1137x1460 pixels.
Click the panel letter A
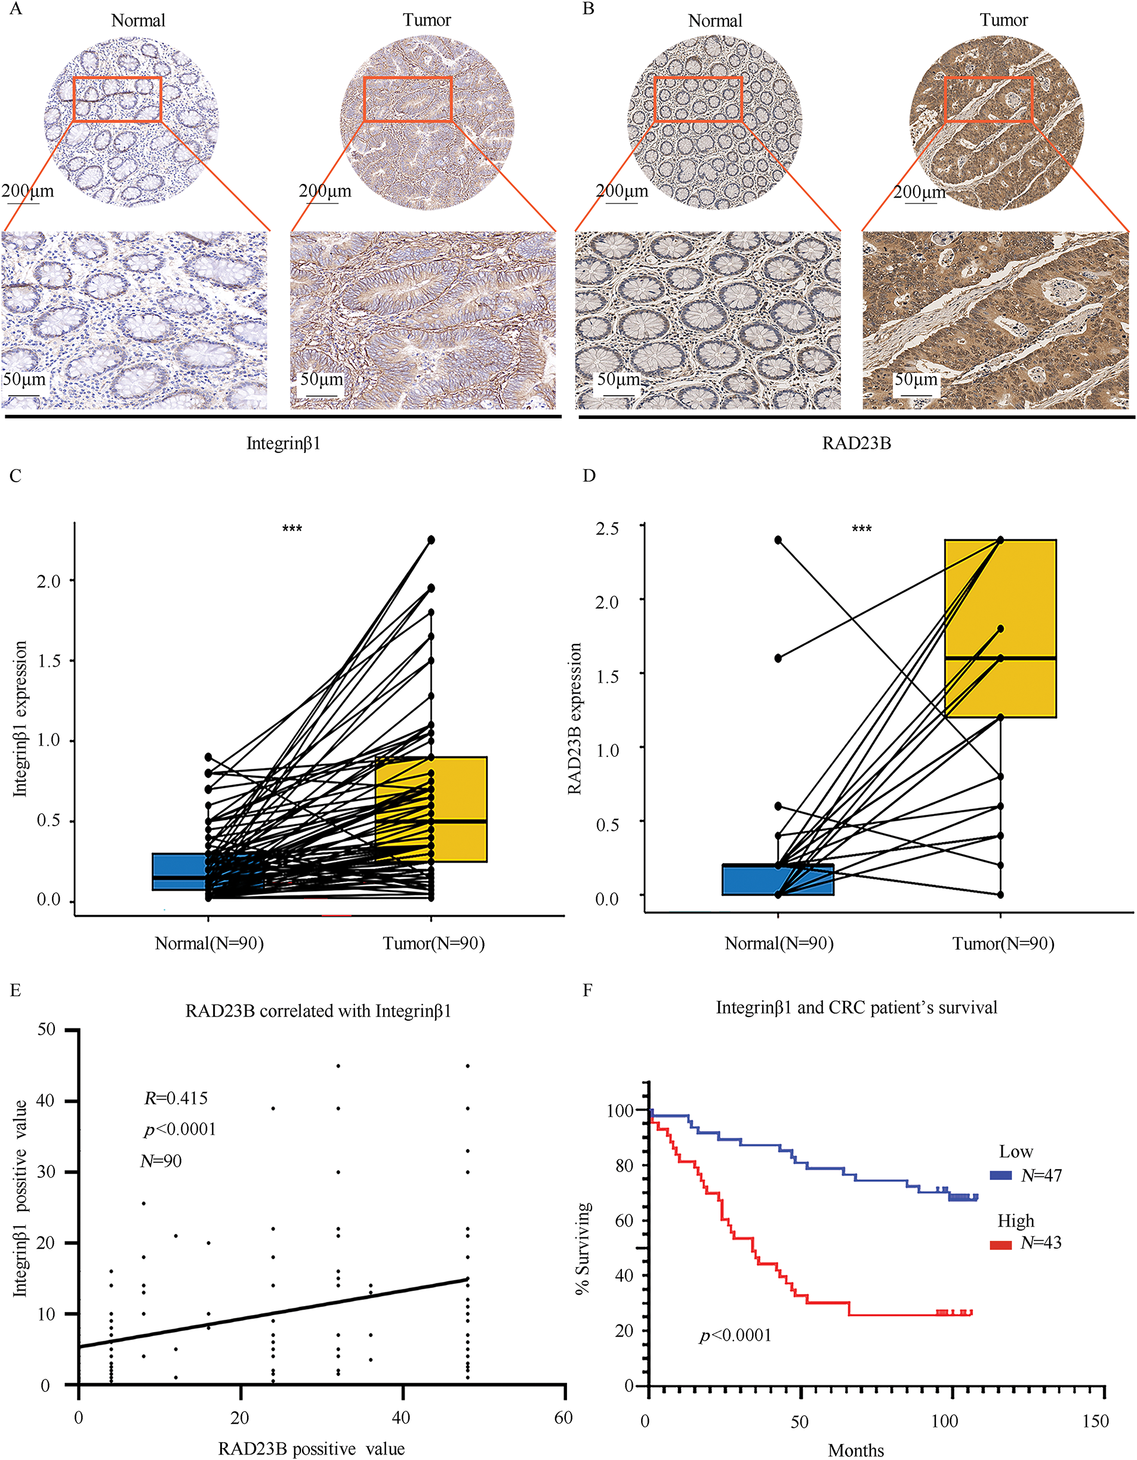coord(15,10)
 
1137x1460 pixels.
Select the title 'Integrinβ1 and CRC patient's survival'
coord(856,1008)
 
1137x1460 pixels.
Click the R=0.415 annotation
coord(176,1098)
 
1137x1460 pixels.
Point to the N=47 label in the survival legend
coord(1041,1175)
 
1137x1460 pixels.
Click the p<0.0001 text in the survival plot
coord(735,1335)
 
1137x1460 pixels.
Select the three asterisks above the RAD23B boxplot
coord(861,529)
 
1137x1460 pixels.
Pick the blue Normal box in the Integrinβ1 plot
coord(178,871)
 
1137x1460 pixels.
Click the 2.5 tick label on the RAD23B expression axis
coord(607,528)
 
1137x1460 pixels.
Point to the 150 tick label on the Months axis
coord(1095,1421)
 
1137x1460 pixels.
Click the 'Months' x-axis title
coord(856,1450)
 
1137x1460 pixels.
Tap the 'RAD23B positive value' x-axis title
coord(311,1449)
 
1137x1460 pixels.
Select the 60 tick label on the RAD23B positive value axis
coord(563,1418)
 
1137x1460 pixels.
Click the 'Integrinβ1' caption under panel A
coord(284,443)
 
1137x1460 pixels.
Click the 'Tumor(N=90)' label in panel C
coord(433,943)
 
